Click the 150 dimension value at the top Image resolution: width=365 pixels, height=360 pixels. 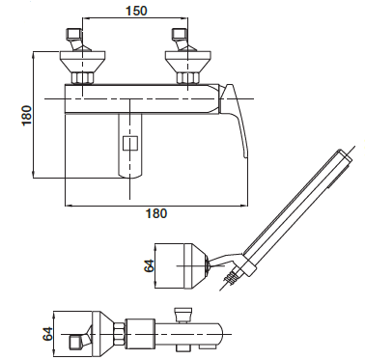point(136,11)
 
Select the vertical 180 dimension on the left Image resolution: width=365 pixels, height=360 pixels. point(27,115)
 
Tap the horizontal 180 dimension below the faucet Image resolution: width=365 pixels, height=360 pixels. point(156,213)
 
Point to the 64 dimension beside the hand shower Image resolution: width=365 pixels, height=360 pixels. point(149,265)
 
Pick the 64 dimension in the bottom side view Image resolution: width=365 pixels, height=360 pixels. point(46,334)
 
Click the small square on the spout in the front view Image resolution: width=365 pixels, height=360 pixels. point(130,143)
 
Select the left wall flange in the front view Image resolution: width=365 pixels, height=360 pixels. point(83,62)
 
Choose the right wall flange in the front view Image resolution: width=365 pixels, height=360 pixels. point(188,62)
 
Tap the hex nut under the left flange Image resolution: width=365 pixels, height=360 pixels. point(82,78)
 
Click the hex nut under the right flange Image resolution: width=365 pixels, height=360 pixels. point(188,78)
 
